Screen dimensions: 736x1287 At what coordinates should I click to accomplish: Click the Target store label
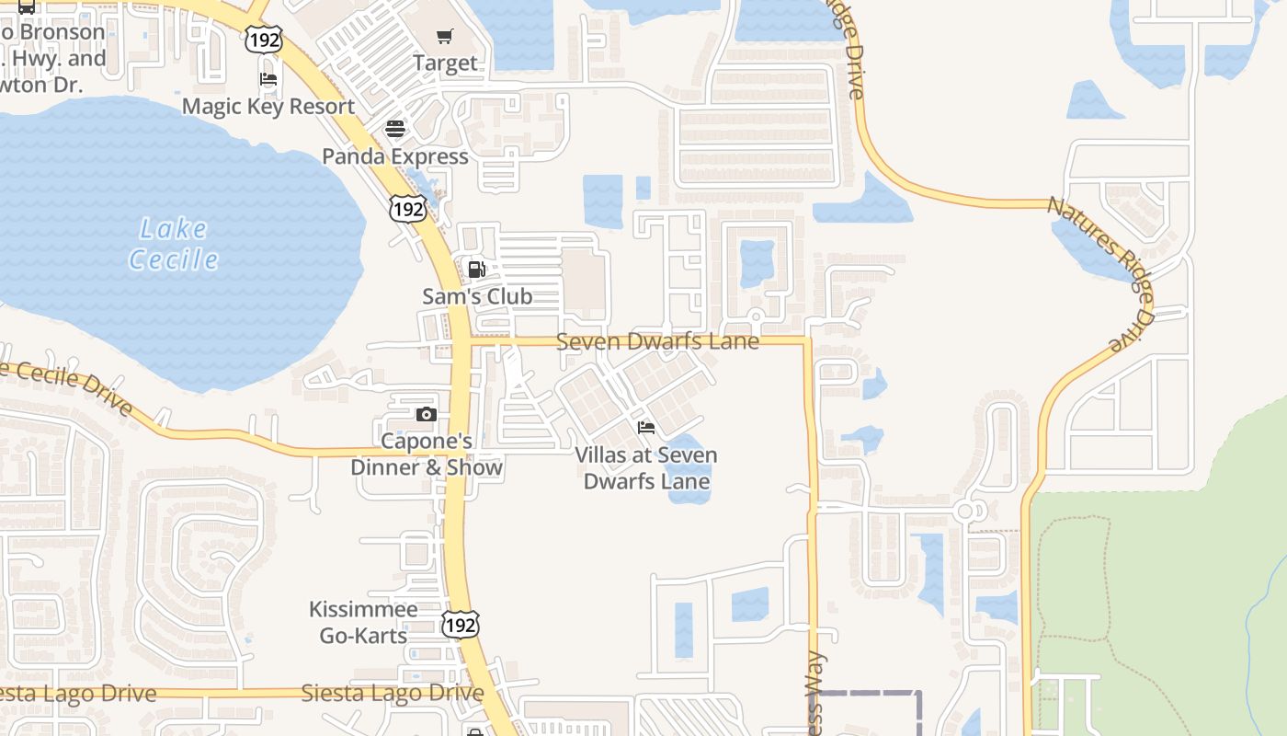pos(445,63)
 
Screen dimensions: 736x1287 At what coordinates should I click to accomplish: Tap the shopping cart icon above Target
pos(445,37)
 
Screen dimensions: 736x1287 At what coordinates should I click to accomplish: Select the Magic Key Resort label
pos(268,106)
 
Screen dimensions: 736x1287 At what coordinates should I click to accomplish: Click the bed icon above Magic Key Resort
pos(268,79)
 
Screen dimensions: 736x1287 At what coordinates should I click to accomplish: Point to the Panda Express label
pos(395,156)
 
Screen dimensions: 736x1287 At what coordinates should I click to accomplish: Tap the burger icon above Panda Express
pos(395,129)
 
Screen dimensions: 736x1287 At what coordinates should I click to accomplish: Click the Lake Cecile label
pos(174,244)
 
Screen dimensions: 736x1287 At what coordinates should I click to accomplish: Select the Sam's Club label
pos(477,296)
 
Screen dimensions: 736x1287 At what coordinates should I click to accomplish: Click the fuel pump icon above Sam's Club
pos(476,270)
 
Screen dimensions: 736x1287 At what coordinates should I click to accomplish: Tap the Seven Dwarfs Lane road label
pos(658,341)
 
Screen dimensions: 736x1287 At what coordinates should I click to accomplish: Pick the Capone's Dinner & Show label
pos(427,454)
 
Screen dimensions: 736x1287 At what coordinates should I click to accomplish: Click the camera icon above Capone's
pos(426,415)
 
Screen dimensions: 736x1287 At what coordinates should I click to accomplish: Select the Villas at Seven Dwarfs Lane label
pos(646,467)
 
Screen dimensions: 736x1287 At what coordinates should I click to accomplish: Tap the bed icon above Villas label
pos(646,428)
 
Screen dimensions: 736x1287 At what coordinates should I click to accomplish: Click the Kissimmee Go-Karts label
pos(363,622)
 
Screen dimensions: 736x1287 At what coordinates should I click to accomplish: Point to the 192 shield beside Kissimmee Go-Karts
pos(459,624)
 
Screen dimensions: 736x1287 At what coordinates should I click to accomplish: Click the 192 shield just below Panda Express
pos(406,209)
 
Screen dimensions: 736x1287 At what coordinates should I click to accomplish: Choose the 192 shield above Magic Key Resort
pos(263,39)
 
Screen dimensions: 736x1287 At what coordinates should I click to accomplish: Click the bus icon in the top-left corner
pos(27,7)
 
